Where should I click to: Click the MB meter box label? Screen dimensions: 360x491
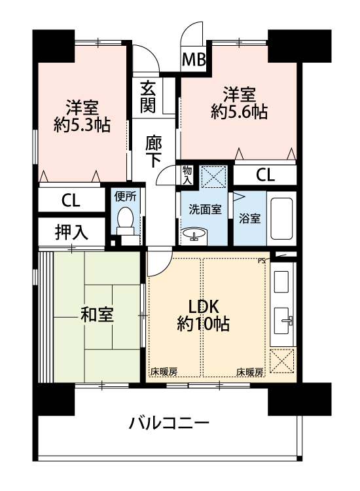coord(194,59)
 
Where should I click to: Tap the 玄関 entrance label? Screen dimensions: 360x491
coord(147,96)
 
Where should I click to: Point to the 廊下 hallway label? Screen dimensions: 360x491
coord(153,152)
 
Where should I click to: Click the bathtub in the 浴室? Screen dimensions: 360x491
coord(281,218)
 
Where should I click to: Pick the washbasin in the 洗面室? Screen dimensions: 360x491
coord(194,234)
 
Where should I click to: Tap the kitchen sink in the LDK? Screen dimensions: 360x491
coord(283,321)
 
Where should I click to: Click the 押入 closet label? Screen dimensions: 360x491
coord(71,232)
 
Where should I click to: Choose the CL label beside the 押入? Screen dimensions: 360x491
coord(71,200)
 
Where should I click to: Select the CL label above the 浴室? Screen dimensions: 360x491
coord(266,175)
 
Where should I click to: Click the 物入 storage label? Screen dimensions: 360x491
coord(187,175)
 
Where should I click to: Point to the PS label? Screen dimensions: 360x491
coord(261,260)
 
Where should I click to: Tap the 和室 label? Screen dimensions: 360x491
coord(97,315)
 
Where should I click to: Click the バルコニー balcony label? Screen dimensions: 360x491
coord(169,424)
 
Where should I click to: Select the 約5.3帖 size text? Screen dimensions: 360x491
coord(82,125)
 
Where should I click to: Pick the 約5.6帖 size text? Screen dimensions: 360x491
coord(240,112)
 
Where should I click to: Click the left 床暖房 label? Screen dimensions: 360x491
coord(164,372)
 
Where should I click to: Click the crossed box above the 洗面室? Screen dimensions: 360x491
coord(213,177)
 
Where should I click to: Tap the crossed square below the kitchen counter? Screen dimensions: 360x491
coord(282,361)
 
